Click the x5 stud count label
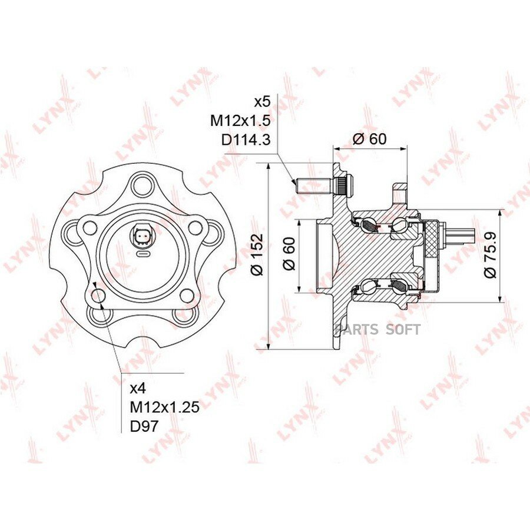(262, 102)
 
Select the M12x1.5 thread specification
(240, 120)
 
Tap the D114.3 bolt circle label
(246, 139)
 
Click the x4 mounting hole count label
(138, 389)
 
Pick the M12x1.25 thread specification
(165, 408)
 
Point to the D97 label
(144, 426)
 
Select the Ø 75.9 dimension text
(490, 254)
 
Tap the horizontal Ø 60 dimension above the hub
(369, 139)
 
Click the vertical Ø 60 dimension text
(289, 254)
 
